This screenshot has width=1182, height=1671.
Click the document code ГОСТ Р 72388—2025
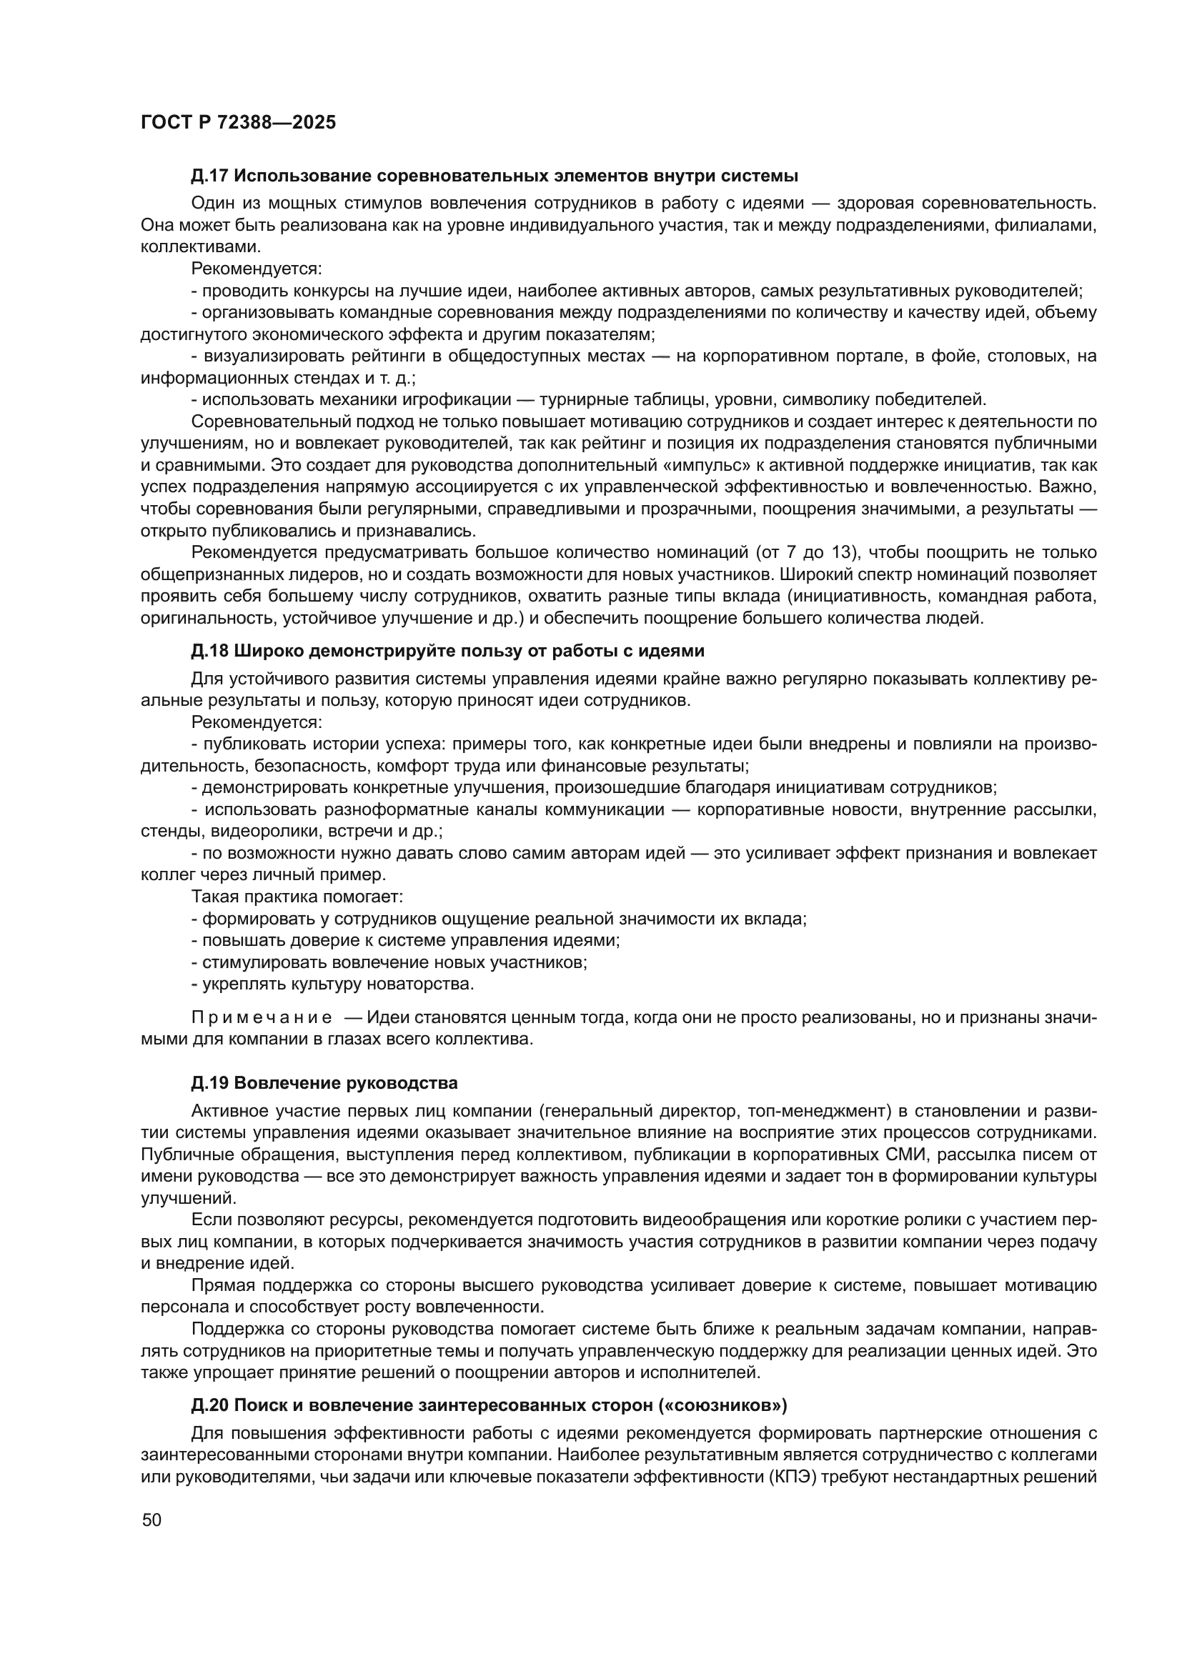[238, 122]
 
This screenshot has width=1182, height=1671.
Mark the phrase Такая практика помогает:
[297, 897]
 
